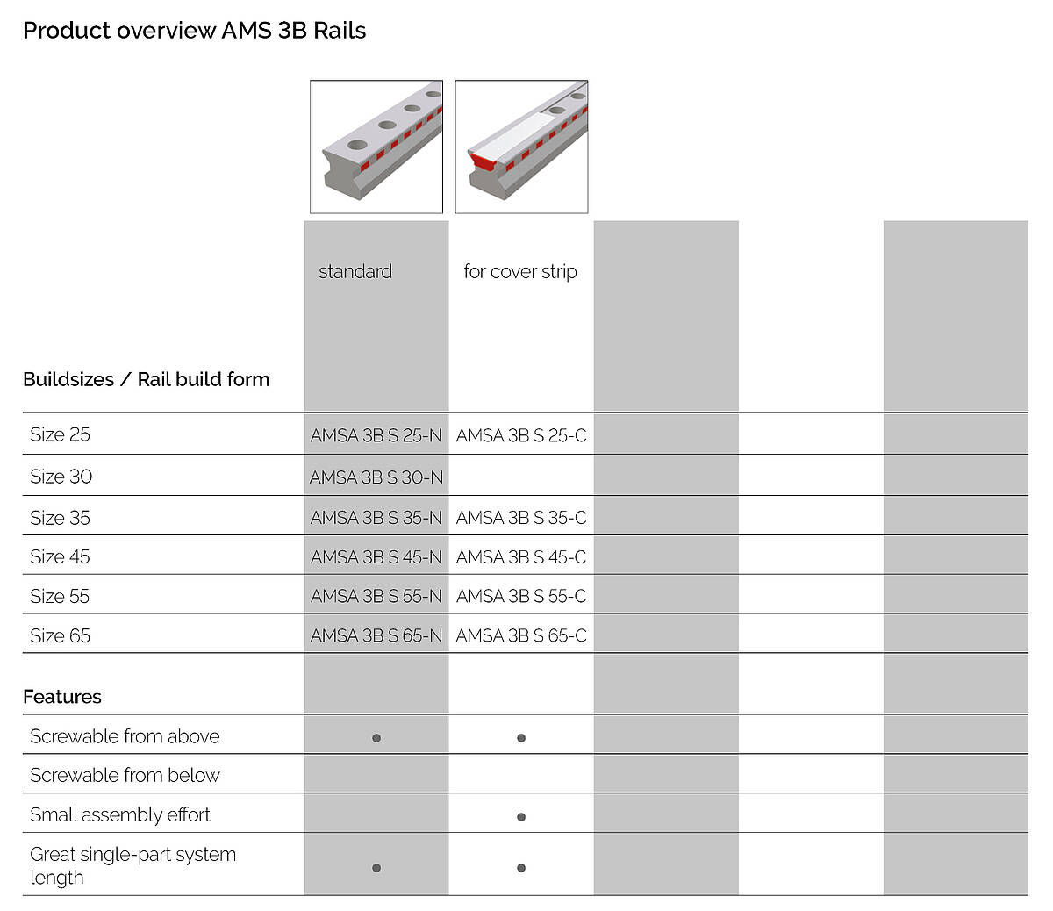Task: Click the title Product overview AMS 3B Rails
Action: (194, 31)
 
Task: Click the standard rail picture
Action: (376, 147)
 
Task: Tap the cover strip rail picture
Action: (521, 147)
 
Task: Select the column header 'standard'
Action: (355, 271)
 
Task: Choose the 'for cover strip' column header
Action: (520, 271)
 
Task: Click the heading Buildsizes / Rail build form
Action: (147, 379)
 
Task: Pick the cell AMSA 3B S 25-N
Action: (376, 435)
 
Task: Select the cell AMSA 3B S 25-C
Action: (521, 435)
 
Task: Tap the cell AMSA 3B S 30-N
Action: (376, 477)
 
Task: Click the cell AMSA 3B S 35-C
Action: (521, 518)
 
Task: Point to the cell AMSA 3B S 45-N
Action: (376, 557)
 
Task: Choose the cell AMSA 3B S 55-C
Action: (521, 596)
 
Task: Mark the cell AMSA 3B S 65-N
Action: (376, 635)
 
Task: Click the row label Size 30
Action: (61, 477)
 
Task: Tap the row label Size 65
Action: (60, 635)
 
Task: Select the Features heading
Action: (62, 697)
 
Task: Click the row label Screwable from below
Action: (125, 775)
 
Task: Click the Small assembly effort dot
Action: (521, 817)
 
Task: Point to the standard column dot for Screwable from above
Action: (376, 738)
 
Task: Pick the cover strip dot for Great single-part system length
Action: (521, 868)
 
